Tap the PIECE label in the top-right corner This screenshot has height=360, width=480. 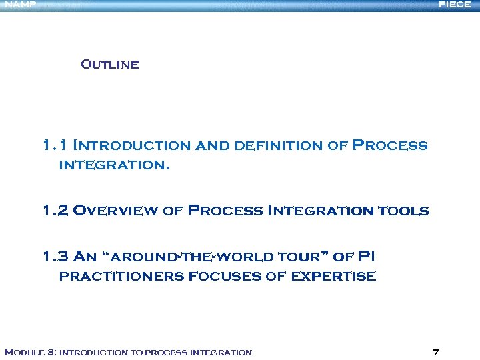point(455,5)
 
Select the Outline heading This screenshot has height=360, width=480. point(109,65)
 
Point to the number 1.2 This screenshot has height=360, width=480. point(55,211)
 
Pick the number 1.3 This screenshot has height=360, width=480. point(55,257)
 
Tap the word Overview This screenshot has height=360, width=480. point(116,211)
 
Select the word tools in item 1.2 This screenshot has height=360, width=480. point(403,211)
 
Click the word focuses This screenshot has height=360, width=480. point(226,276)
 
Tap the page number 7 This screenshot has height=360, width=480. point(435,352)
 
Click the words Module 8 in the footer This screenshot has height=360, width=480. point(29,352)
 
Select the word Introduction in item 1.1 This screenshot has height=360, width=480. point(130,145)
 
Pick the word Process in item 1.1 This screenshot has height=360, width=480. point(390,145)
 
